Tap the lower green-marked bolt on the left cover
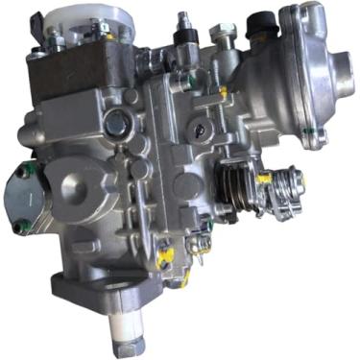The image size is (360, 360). (20, 227)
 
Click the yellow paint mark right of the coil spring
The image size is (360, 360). (264, 179)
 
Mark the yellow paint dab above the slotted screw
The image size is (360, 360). (223, 92)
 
